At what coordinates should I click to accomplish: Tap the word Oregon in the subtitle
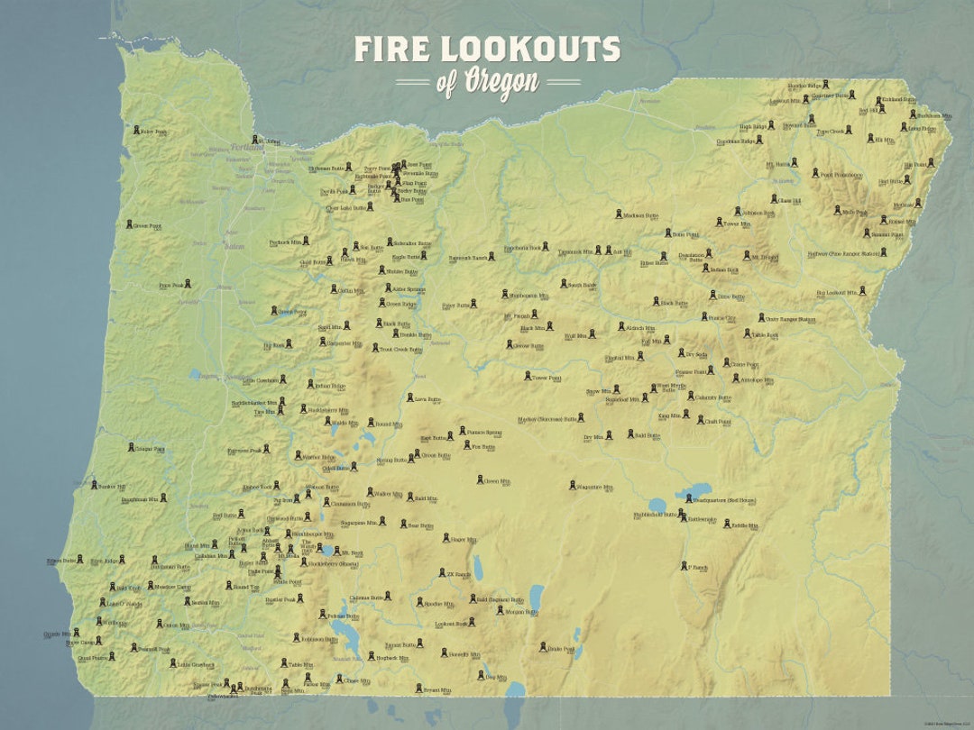tap(501, 81)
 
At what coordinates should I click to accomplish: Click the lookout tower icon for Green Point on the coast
tap(130, 225)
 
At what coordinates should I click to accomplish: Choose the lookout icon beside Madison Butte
tap(619, 215)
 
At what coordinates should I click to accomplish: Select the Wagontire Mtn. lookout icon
tap(572, 486)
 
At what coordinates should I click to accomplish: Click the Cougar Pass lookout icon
tap(130, 447)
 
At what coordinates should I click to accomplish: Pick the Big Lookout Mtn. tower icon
tap(862, 292)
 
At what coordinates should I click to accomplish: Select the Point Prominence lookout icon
tap(813, 173)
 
